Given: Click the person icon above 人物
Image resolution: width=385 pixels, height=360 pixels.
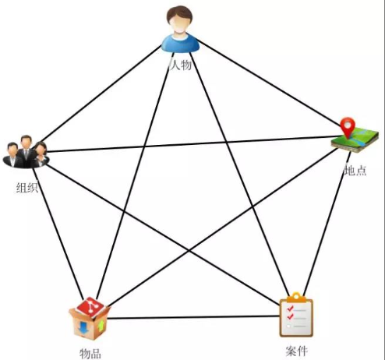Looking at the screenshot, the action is click(180, 29).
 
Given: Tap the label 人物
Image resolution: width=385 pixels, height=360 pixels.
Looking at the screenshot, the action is click(181, 65).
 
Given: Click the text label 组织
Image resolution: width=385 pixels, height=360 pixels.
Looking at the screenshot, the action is click(27, 188).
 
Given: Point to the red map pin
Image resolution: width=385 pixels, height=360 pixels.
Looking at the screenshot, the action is click(348, 127).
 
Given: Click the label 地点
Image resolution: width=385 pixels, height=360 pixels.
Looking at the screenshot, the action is click(355, 171).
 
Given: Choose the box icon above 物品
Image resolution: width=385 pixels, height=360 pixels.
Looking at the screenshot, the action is click(90, 319).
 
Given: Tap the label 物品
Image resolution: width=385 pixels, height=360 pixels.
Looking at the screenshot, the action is click(90, 354).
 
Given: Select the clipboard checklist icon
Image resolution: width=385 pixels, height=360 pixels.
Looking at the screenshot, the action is click(296, 315).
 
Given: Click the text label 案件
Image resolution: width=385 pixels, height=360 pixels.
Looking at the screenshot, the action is click(297, 351).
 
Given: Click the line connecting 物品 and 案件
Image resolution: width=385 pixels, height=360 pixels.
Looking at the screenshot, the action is click(193, 317).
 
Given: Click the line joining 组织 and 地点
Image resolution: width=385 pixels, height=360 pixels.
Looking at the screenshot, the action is click(193, 143).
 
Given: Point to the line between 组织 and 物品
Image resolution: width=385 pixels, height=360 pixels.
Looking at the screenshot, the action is click(58, 233).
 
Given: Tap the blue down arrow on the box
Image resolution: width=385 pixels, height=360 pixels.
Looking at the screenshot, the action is click(83, 327).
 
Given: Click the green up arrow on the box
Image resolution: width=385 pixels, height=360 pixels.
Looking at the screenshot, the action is click(101, 326).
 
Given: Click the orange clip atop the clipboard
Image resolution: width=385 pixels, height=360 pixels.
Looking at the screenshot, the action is click(296, 298).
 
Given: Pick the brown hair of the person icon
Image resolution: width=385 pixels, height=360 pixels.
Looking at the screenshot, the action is click(180, 13).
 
